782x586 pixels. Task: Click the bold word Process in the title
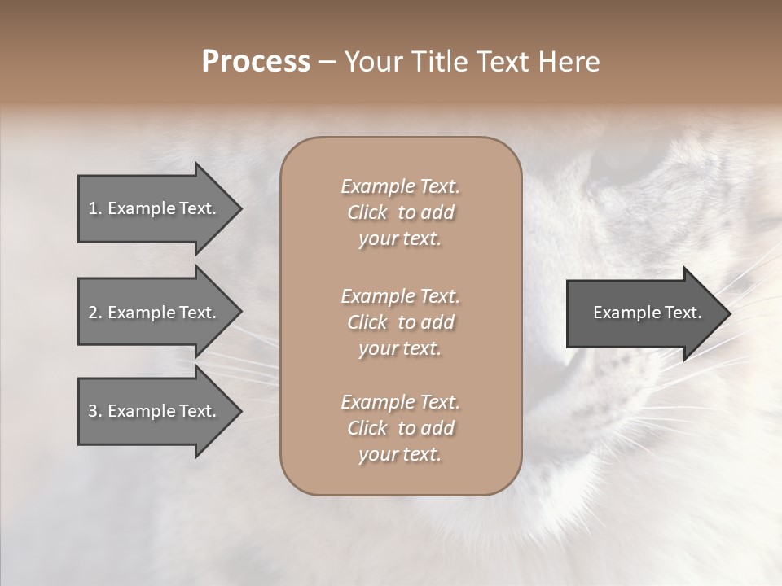coord(256,62)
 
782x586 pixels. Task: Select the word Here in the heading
coord(569,62)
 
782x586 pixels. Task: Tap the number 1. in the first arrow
coord(94,208)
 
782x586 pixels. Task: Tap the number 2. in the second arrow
coord(94,313)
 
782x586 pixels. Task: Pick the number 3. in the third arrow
coord(94,411)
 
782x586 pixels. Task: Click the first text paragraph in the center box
coord(400,212)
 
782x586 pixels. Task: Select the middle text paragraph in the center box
coord(400,321)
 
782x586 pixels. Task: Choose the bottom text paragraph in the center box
coord(400,428)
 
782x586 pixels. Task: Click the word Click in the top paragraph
coord(367,212)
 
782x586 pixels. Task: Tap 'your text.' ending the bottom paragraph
coord(400,454)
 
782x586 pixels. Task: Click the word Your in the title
coord(374,62)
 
